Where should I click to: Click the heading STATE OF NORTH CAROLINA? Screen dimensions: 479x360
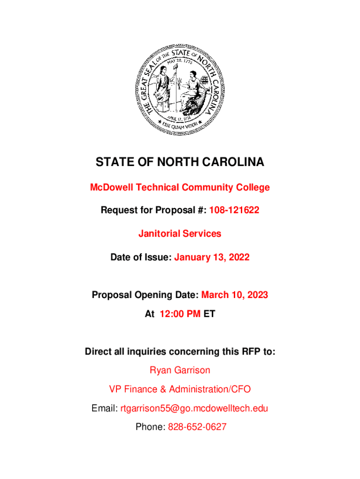tap(180, 162)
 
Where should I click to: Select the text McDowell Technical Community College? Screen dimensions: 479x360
tap(180, 188)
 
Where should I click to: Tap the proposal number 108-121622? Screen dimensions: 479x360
tap(234, 210)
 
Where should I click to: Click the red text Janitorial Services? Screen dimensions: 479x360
tap(180, 233)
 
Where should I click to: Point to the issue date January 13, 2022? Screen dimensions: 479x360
tap(212, 257)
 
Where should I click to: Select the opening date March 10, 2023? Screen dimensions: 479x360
tap(235, 295)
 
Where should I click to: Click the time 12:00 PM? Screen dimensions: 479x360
tap(180, 314)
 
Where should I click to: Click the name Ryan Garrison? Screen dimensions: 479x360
tap(180, 370)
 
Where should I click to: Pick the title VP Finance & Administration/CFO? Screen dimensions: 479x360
tap(180, 389)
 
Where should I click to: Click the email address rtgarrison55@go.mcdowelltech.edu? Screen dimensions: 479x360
tap(194, 408)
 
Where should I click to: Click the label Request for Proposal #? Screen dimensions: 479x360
tap(154, 210)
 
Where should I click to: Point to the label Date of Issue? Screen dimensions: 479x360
tap(141, 257)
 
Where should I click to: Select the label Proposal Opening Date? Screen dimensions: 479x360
tap(145, 295)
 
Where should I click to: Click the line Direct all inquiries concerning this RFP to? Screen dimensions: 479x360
tap(180, 352)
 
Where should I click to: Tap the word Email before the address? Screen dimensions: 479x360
tap(104, 408)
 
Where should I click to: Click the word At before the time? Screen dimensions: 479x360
tap(150, 314)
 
